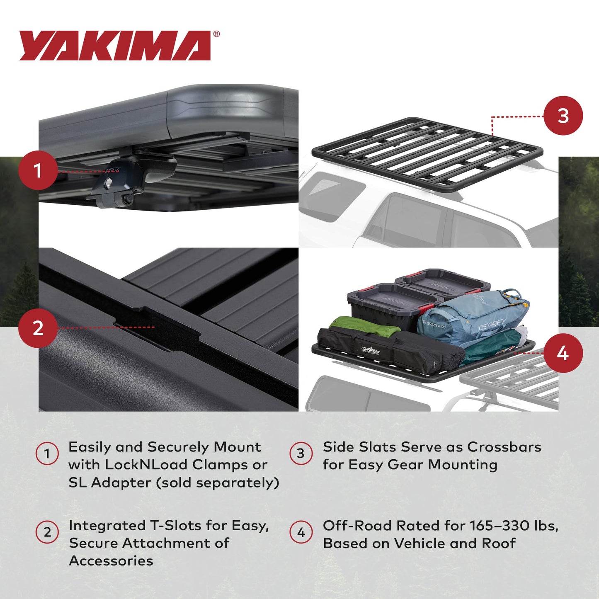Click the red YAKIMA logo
click(x=115, y=46)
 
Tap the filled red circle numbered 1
click(x=38, y=170)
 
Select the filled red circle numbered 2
click(x=38, y=328)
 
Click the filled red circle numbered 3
click(x=563, y=116)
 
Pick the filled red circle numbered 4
click(x=563, y=353)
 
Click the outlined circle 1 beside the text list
click(x=47, y=453)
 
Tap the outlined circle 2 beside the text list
click(x=47, y=532)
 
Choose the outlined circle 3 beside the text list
click(x=301, y=453)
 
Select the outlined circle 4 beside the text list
click(x=301, y=532)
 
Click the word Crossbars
click(x=504, y=447)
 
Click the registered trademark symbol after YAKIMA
click(x=216, y=34)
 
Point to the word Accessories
click(x=111, y=561)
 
